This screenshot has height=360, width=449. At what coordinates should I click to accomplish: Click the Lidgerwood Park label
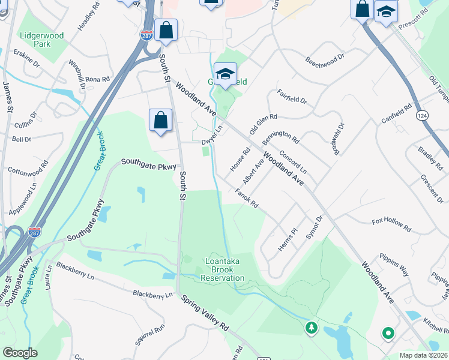pos(41,40)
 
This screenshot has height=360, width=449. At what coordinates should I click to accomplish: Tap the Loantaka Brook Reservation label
pos(223,269)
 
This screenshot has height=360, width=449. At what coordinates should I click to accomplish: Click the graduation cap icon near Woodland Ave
pos(225,75)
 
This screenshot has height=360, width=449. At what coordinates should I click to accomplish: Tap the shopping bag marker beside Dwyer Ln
pos(161,121)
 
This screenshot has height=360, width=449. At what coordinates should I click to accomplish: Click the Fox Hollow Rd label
pos(391,225)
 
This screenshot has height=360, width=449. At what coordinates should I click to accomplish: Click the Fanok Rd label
pos(246,199)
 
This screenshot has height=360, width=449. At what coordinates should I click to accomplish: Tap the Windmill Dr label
pos(76,71)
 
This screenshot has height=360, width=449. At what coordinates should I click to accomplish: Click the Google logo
pos(20,353)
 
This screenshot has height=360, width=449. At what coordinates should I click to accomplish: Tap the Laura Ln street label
pos(49,278)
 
